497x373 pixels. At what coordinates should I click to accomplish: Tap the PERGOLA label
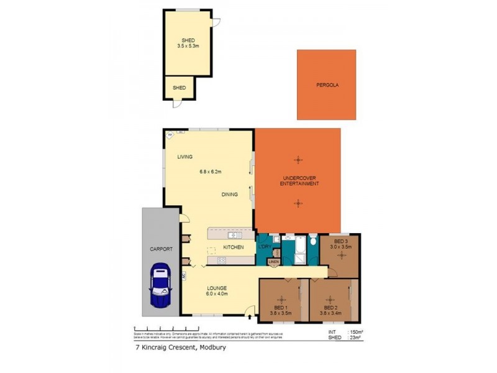326,85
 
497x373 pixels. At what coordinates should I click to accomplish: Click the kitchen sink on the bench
235,235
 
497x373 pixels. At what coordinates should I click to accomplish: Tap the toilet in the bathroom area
314,242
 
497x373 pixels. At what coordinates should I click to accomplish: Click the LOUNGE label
217,288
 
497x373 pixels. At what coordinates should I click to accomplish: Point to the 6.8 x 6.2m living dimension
211,172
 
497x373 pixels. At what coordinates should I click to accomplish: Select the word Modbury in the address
211,348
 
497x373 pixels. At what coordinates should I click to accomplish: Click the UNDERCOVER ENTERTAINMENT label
298,181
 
